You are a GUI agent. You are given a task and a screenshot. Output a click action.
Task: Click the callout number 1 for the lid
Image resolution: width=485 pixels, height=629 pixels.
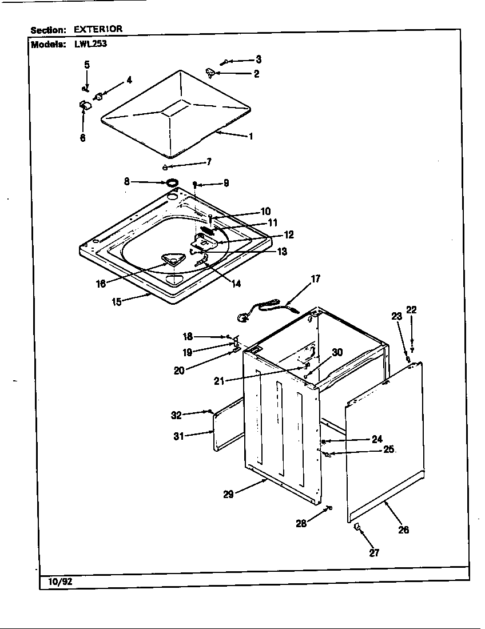tap(250, 137)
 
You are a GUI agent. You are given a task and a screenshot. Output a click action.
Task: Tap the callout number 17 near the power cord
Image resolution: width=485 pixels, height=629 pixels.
tap(315, 279)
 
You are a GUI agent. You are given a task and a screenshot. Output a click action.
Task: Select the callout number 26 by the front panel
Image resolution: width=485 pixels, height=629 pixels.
tap(403, 530)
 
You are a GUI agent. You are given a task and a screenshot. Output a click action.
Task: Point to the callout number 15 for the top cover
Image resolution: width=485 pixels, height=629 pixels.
tap(116, 301)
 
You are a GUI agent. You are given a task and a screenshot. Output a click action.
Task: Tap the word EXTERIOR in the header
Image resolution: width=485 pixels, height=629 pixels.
tap(98, 29)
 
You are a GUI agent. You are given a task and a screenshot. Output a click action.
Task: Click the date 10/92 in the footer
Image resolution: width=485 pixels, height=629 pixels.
tap(53, 583)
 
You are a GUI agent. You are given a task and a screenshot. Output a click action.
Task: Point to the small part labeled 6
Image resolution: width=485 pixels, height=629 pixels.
tap(84, 105)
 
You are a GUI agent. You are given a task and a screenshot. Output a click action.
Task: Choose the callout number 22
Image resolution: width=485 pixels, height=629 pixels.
tap(411, 310)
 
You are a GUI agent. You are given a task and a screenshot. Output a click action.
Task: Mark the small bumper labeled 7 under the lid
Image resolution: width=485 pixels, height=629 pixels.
tap(165, 168)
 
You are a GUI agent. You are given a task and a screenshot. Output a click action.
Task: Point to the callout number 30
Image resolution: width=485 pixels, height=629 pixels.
tap(337, 352)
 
